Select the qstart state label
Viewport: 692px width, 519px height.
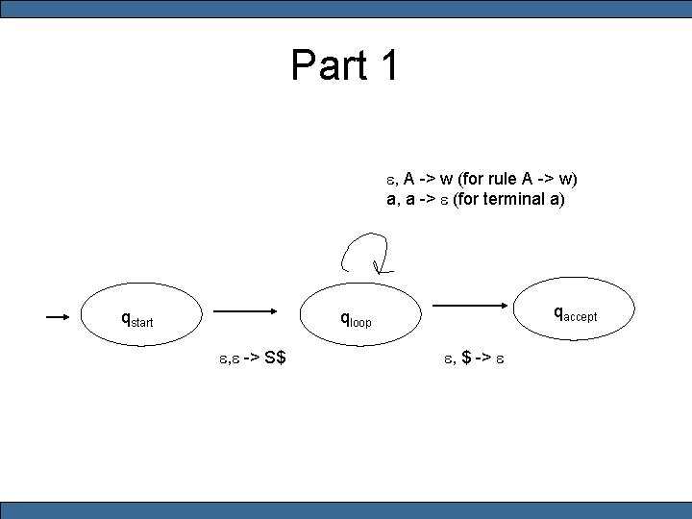(136, 318)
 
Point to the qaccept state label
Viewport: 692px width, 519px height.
(575, 313)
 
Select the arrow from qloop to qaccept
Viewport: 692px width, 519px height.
(475, 306)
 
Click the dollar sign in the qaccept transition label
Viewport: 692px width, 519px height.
(466, 358)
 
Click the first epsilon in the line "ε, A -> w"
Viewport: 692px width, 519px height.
(391, 179)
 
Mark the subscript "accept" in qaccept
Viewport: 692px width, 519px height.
(581, 317)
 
